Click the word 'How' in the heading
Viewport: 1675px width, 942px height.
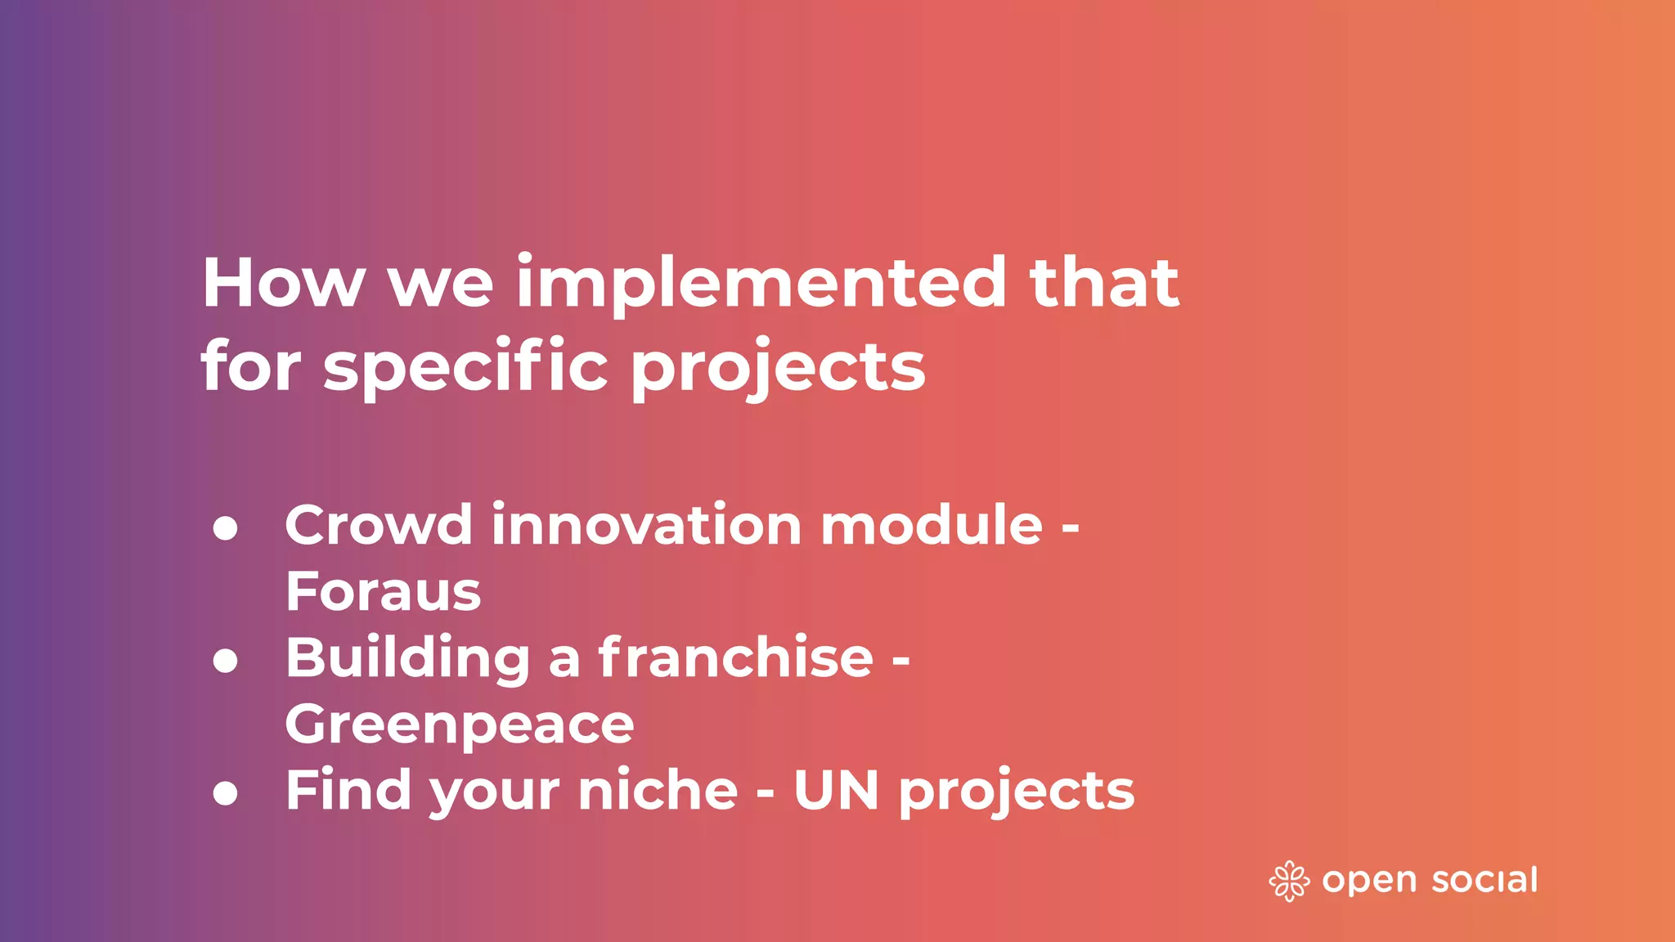point(283,283)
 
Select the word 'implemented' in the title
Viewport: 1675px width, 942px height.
point(761,283)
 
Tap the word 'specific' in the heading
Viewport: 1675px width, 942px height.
point(465,366)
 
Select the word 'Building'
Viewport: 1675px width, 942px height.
point(407,658)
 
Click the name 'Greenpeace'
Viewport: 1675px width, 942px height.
point(459,724)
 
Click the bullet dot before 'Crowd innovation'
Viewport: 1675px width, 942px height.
point(225,528)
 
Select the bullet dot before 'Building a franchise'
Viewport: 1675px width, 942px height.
point(225,661)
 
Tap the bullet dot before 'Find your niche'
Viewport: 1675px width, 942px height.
point(225,793)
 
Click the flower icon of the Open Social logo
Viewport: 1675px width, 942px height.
point(1289,881)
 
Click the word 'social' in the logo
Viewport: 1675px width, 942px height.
point(1484,880)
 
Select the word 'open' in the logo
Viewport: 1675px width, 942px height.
point(1369,881)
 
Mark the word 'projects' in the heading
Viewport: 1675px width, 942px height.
point(778,367)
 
